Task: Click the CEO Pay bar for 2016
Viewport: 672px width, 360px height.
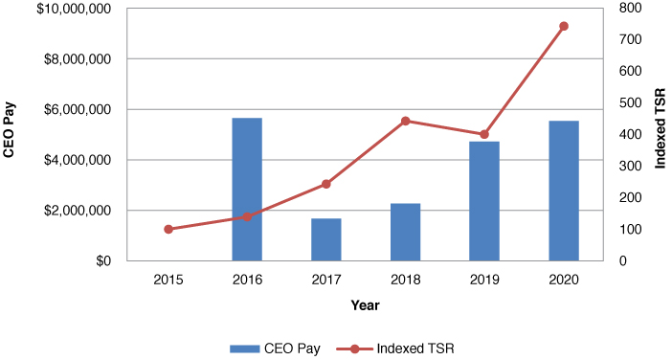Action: click(247, 189)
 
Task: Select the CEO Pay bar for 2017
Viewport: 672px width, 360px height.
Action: click(326, 239)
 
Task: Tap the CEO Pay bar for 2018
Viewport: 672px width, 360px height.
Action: click(405, 232)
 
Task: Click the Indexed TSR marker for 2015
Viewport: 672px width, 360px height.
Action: click(168, 229)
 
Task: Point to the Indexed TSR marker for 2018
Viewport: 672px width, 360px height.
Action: click(405, 121)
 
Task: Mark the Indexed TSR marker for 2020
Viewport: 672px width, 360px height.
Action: click(564, 26)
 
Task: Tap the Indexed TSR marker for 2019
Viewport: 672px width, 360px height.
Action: click(484, 134)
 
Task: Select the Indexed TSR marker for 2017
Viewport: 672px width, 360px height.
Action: click(326, 184)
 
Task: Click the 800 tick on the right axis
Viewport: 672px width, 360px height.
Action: click(628, 9)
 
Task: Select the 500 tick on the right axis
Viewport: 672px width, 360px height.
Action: click(628, 102)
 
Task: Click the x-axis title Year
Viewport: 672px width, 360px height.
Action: click(364, 305)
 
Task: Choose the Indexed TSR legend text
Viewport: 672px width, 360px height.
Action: click(415, 348)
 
